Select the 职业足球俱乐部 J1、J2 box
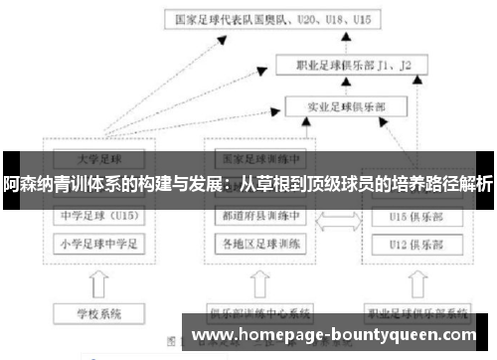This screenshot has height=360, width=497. (354, 66)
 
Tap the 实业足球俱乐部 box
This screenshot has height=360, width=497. (344, 103)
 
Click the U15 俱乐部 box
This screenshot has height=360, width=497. (412, 215)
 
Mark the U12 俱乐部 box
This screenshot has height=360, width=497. (412, 242)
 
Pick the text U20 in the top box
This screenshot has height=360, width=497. (309, 19)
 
